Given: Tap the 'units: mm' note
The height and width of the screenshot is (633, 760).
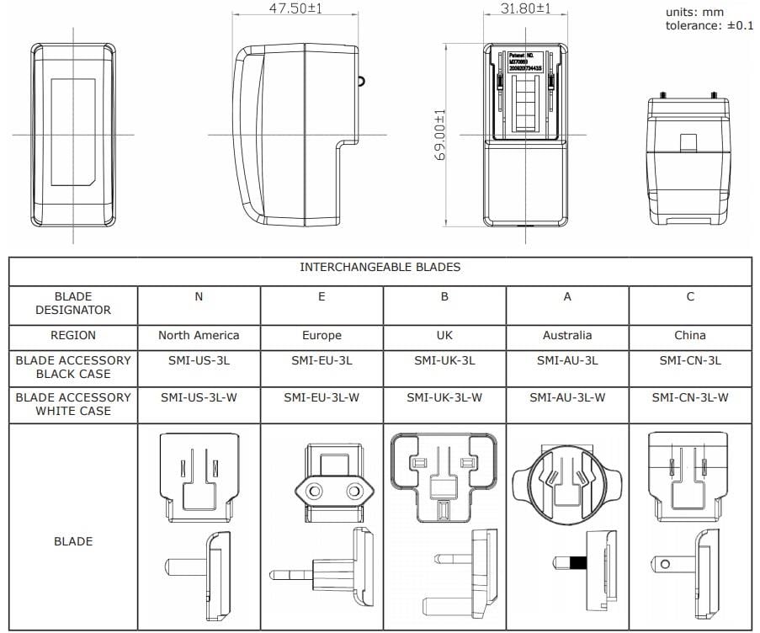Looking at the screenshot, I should (694, 12).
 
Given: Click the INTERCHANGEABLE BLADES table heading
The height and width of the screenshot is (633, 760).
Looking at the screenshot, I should (380, 268).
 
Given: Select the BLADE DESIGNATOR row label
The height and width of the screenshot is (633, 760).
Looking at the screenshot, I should (73, 303).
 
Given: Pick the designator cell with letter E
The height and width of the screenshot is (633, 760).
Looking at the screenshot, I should (322, 296).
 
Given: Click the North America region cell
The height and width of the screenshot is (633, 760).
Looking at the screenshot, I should (199, 335).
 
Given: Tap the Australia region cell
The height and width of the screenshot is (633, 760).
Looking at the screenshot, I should (567, 335).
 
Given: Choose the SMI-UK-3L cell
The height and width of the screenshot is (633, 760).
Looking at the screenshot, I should (444, 360).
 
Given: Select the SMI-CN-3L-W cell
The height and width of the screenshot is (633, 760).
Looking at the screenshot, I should (690, 397).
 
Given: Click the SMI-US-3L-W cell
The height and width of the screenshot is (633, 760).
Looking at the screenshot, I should (199, 397).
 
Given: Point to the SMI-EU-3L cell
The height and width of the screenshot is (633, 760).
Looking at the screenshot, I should (322, 360).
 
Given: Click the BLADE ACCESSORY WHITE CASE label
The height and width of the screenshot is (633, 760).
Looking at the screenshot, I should (73, 404).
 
